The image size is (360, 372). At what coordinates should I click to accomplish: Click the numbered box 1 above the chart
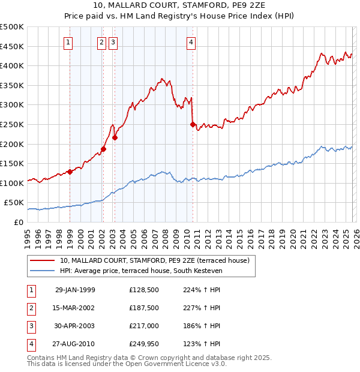(70, 42)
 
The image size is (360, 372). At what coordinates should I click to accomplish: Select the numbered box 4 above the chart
(191, 42)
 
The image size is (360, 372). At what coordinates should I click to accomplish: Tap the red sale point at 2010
(193, 125)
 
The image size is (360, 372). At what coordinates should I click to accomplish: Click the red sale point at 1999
(70, 172)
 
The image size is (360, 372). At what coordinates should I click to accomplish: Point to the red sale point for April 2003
(115, 137)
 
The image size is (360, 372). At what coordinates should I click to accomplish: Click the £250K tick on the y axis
(12, 124)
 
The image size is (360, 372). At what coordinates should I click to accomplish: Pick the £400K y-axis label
(12, 65)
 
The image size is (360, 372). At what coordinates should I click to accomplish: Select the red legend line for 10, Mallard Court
(43, 260)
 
